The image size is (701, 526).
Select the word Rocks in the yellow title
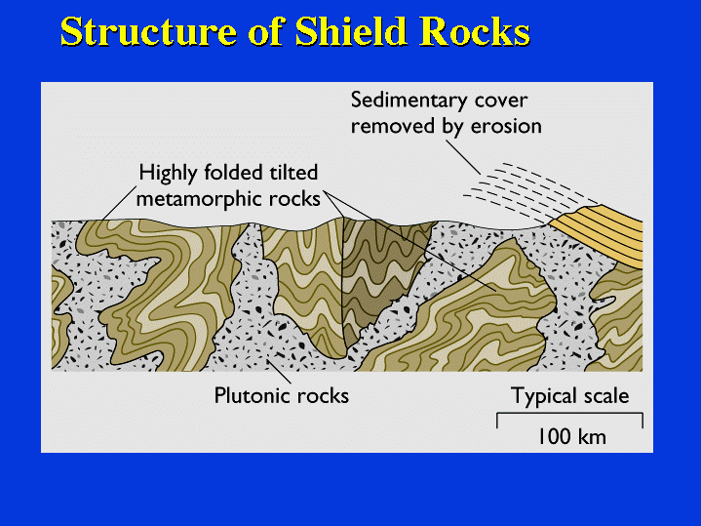click(x=475, y=30)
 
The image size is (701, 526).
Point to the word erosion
click(x=506, y=126)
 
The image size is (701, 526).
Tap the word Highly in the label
click(x=168, y=174)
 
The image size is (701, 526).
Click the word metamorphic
click(x=200, y=199)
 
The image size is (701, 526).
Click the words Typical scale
click(x=570, y=396)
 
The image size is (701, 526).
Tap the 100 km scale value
click(x=571, y=436)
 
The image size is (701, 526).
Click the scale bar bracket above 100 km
click(x=570, y=414)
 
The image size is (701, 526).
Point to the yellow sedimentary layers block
click(x=599, y=235)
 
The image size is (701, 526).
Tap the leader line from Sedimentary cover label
click(x=463, y=157)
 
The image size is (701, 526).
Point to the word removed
click(x=393, y=126)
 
